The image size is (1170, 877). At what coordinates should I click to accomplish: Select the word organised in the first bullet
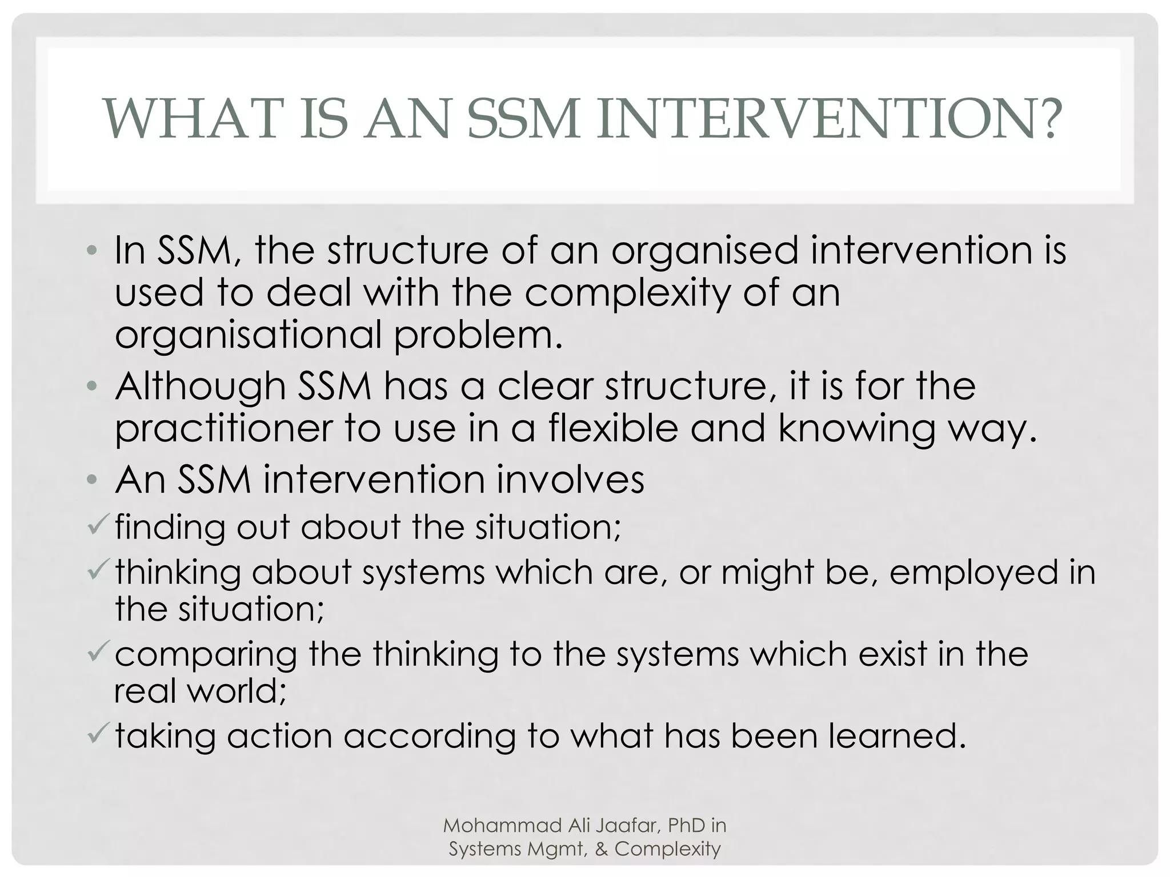click(x=704, y=251)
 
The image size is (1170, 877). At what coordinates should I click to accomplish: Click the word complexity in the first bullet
click(x=627, y=293)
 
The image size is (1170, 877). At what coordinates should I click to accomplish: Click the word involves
click(x=570, y=479)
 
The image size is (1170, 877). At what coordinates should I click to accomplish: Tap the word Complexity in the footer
click(x=667, y=849)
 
